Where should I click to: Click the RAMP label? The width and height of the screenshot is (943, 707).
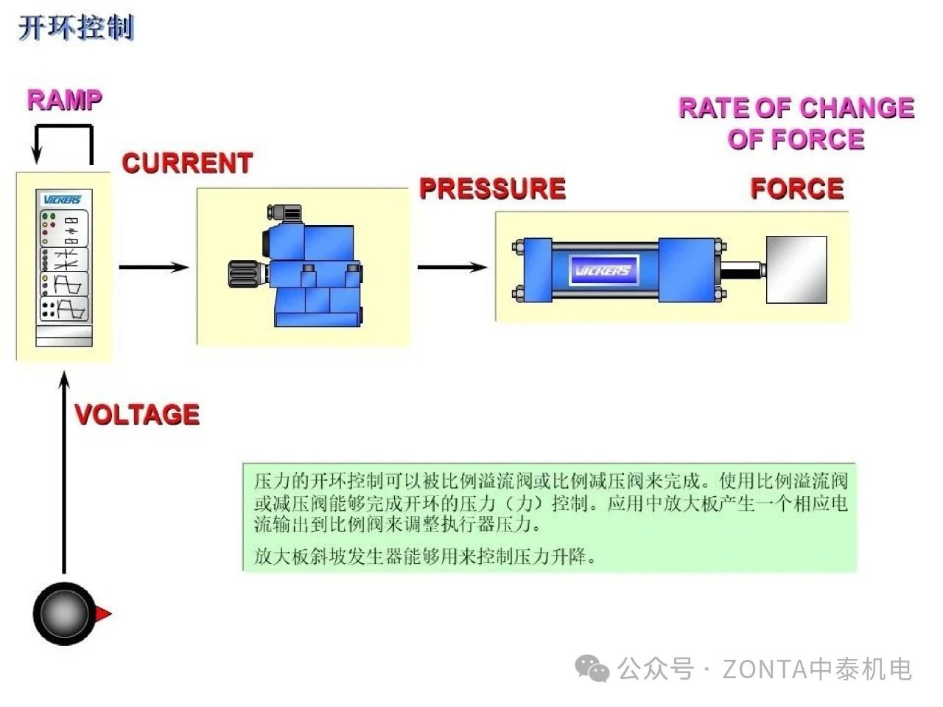pos(64,100)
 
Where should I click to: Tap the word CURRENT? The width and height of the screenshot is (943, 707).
pos(187,163)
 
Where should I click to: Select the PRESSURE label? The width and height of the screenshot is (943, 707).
pos(492,189)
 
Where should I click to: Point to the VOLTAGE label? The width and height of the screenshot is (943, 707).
pos(137,414)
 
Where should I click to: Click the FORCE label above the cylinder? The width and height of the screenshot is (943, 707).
pos(796,189)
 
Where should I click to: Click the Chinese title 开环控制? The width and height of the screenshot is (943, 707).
pos(76,28)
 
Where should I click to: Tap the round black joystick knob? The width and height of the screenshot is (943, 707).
pos(63,613)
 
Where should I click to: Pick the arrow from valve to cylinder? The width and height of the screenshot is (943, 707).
pos(452,267)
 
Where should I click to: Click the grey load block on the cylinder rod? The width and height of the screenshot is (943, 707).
pos(796,270)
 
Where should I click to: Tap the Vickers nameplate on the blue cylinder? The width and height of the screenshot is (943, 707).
pos(602,271)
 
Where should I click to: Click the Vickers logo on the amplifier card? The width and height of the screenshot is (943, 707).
pos(63,200)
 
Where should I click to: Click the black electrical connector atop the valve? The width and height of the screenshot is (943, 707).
pos(285,214)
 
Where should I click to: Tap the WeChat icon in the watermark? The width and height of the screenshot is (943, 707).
pos(592,669)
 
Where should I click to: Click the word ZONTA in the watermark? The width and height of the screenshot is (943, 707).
pos(763,669)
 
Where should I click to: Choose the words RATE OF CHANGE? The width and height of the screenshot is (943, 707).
pos(796,108)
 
